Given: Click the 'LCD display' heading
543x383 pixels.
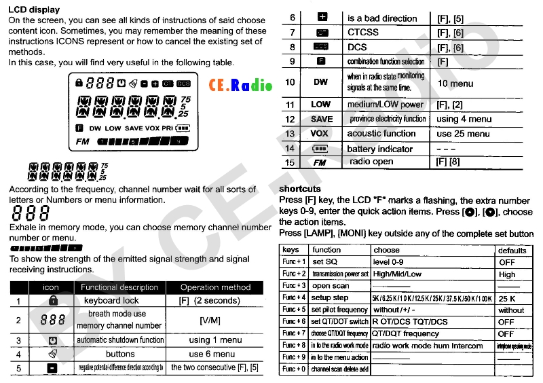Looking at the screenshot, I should [x=34, y=10].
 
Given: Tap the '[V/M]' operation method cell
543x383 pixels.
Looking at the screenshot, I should [x=210, y=320].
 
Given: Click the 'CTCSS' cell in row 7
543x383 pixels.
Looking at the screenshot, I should [x=362, y=33].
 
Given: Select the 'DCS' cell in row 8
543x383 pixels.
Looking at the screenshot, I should [x=357, y=48].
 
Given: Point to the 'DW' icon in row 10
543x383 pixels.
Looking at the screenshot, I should [x=320, y=82].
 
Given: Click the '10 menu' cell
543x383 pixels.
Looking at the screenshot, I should [x=455, y=84].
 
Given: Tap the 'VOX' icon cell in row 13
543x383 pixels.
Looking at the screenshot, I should [x=320, y=134].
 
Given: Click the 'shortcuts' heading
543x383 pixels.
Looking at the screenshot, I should [x=300, y=189].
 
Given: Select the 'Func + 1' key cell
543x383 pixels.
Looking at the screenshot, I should [x=294, y=262].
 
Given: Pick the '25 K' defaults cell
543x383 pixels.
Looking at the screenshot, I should [x=506, y=298].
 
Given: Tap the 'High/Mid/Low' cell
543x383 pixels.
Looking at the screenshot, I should [x=397, y=274].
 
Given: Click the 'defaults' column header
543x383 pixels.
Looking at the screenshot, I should [x=512, y=250].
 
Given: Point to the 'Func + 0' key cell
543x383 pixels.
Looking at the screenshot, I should [x=294, y=369].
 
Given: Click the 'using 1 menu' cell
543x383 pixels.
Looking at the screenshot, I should [x=215, y=340].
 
